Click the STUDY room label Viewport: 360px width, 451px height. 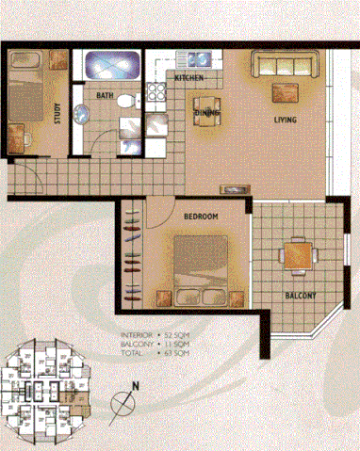tap(58, 112)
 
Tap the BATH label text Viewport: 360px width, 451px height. tap(105, 95)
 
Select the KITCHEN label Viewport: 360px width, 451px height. tap(188, 77)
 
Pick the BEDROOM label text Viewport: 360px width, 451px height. tap(201, 217)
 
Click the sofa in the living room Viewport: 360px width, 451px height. tap(284, 65)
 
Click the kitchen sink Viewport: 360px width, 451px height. tap(157, 93)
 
